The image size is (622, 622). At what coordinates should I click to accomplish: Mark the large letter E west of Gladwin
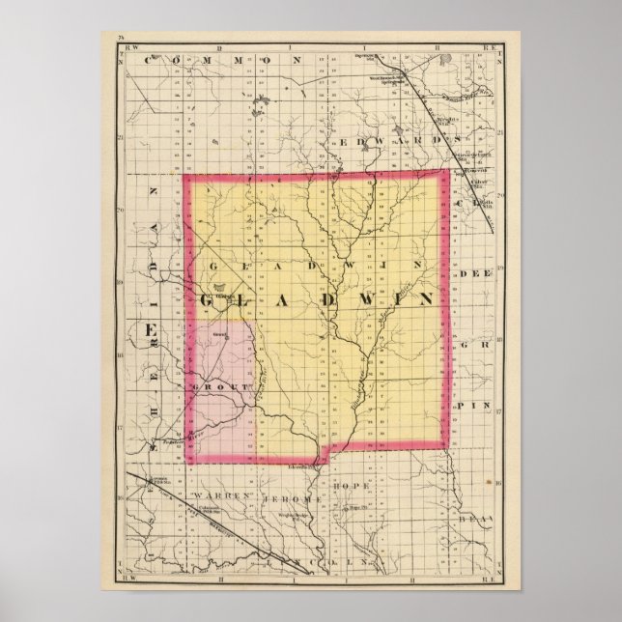(x=151, y=332)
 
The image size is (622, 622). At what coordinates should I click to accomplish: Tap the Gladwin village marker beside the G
(x=222, y=287)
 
